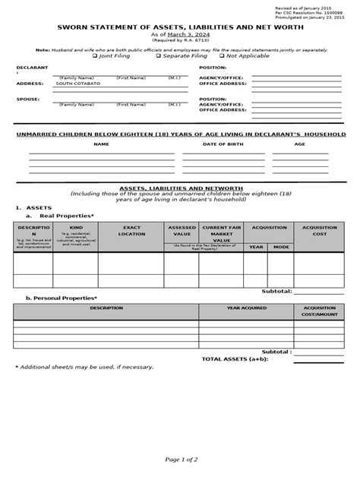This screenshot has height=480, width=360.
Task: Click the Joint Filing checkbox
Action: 95,55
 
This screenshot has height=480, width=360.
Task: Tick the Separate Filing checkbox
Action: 158,55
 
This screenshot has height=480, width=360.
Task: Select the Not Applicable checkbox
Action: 223,55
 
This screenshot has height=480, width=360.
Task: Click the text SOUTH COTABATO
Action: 77,84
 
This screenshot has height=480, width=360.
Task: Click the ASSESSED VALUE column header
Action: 182,230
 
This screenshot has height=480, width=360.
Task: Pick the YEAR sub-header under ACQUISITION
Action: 256,247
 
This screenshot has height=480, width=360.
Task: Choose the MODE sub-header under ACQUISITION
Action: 281,247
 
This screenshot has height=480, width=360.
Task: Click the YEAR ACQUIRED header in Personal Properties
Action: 247,308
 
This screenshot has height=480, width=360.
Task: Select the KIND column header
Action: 76,227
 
